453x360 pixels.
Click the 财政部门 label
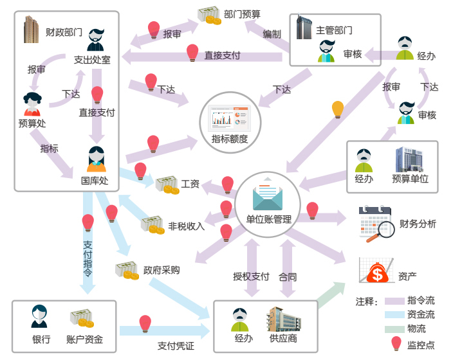[64, 31]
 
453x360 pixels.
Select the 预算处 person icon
[32, 103]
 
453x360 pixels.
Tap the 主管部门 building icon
[304, 28]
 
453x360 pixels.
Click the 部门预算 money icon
[209, 15]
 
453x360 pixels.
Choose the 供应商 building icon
[282, 320]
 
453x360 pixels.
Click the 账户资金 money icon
[82, 319]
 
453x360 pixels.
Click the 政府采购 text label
[162, 270]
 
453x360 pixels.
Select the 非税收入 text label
[186, 226]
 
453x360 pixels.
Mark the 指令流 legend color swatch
[394, 301]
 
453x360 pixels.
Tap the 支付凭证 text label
[176, 346]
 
